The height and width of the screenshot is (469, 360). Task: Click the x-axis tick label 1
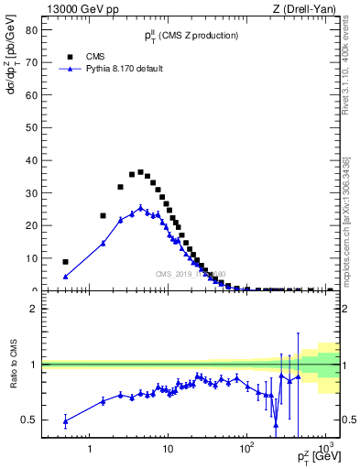(89, 450)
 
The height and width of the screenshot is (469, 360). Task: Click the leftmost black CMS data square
(65, 262)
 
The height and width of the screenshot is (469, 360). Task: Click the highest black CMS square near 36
(140, 172)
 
